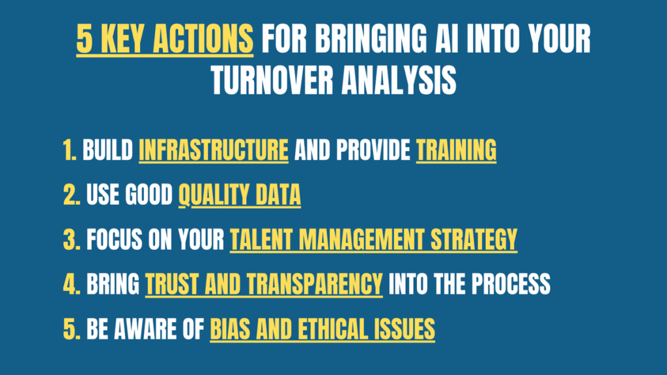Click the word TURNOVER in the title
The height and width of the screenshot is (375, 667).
(273, 80)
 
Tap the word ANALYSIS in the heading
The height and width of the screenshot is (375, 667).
(399, 80)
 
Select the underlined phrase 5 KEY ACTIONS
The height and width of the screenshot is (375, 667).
(165, 39)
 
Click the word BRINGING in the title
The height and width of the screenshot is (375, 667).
(371, 38)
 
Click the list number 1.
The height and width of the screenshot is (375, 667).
(70, 150)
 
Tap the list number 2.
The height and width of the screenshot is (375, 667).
(72, 195)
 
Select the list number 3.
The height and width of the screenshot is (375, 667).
(72, 240)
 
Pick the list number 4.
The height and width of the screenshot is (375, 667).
(72, 285)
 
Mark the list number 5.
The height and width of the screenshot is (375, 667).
(72, 329)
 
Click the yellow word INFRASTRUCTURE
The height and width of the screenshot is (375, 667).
(214, 150)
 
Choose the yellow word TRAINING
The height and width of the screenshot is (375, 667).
(456, 150)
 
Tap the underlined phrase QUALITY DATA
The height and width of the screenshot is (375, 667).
(240, 195)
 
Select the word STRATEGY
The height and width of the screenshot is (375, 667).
(474, 240)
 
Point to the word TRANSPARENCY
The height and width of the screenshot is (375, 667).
(315, 285)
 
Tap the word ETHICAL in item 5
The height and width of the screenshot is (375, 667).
(332, 329)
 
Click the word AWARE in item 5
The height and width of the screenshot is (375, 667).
(145, 329)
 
